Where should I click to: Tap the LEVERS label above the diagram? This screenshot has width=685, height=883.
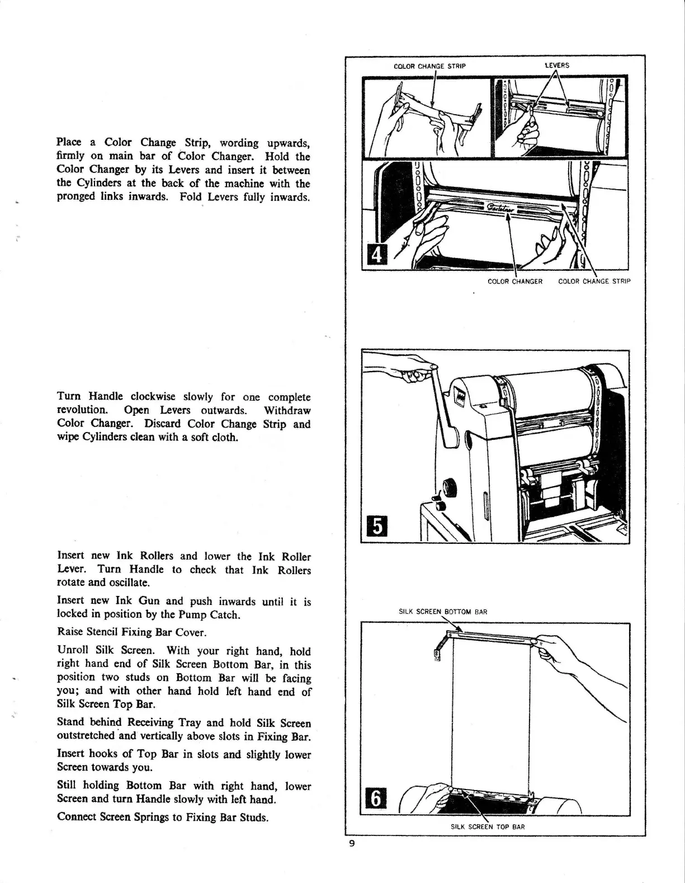(x=557, y=65)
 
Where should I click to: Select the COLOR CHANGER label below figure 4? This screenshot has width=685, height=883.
(x=515, y=281)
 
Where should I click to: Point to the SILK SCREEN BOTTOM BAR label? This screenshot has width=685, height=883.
(x=443, y=612)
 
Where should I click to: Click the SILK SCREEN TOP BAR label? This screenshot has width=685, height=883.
(x=488, y=826)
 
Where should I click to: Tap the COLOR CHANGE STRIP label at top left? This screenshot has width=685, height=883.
(x=429, y=66)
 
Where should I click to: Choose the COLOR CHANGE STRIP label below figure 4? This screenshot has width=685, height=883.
(x=594, y=281)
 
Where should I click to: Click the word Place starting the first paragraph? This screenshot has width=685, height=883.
(x=69, y=143)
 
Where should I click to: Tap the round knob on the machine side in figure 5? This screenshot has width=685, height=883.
(x=449, y=487)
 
